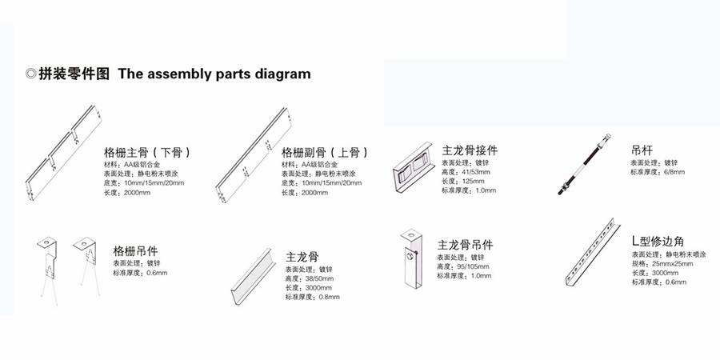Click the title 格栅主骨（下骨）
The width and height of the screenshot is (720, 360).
pos(147,152)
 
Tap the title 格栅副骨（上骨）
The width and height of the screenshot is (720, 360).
pos(325,152)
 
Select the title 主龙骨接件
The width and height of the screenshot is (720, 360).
pos(470,150)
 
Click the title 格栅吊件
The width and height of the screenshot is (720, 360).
pos(140,250)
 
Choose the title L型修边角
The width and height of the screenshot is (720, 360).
pos(658,241)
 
